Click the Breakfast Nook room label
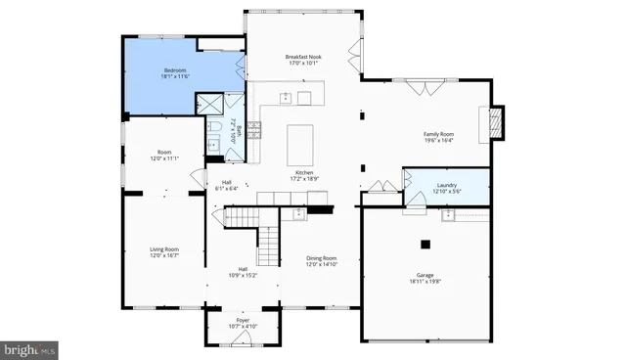304,58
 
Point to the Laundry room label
444,185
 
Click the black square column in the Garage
425,244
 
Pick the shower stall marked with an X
209,105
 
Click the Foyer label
243,319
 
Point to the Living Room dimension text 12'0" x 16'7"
163,255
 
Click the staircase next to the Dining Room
269,241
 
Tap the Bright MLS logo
29,349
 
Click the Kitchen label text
303,172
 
